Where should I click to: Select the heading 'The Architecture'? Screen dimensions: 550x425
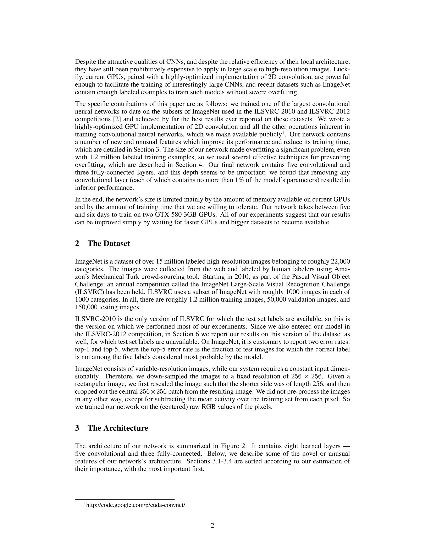(118, 428)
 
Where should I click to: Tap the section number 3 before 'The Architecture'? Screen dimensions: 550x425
(77, 428)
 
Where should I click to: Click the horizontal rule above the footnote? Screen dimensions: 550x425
(125, 499)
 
